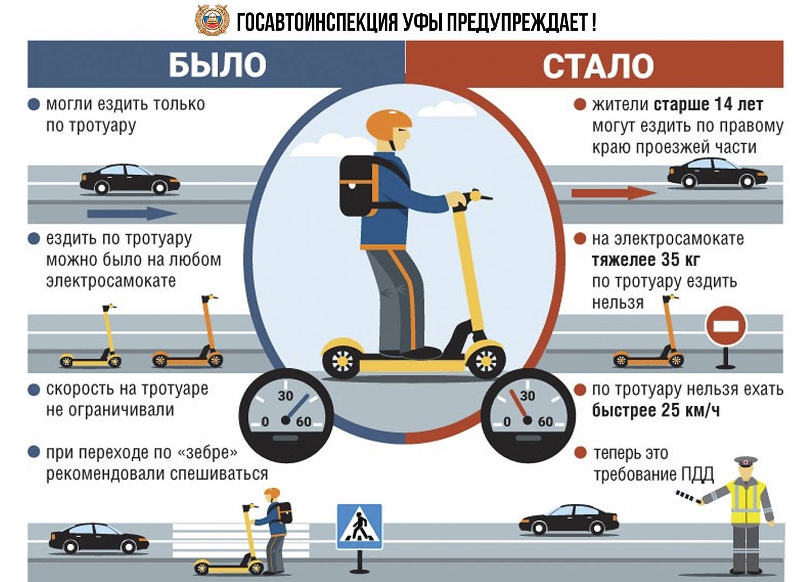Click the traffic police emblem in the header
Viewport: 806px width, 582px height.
point(212,20)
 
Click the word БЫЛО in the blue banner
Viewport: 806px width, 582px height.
point(218,65)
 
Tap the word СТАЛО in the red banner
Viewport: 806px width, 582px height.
point(598,66)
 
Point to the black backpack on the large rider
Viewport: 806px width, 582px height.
point(359,186)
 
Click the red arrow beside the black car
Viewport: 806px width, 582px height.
point(614,193)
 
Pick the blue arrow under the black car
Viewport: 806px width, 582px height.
point(131,214)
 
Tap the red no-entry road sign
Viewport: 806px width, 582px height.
point(726,326)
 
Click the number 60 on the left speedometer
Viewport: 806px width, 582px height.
point(304,421)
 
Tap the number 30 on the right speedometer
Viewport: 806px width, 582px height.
point(527,396)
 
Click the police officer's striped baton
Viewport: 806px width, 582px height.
point(687,496)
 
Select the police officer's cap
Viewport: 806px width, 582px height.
point(745,461)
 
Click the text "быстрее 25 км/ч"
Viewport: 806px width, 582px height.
point(656,410)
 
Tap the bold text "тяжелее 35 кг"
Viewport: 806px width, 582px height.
point(646,260)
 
